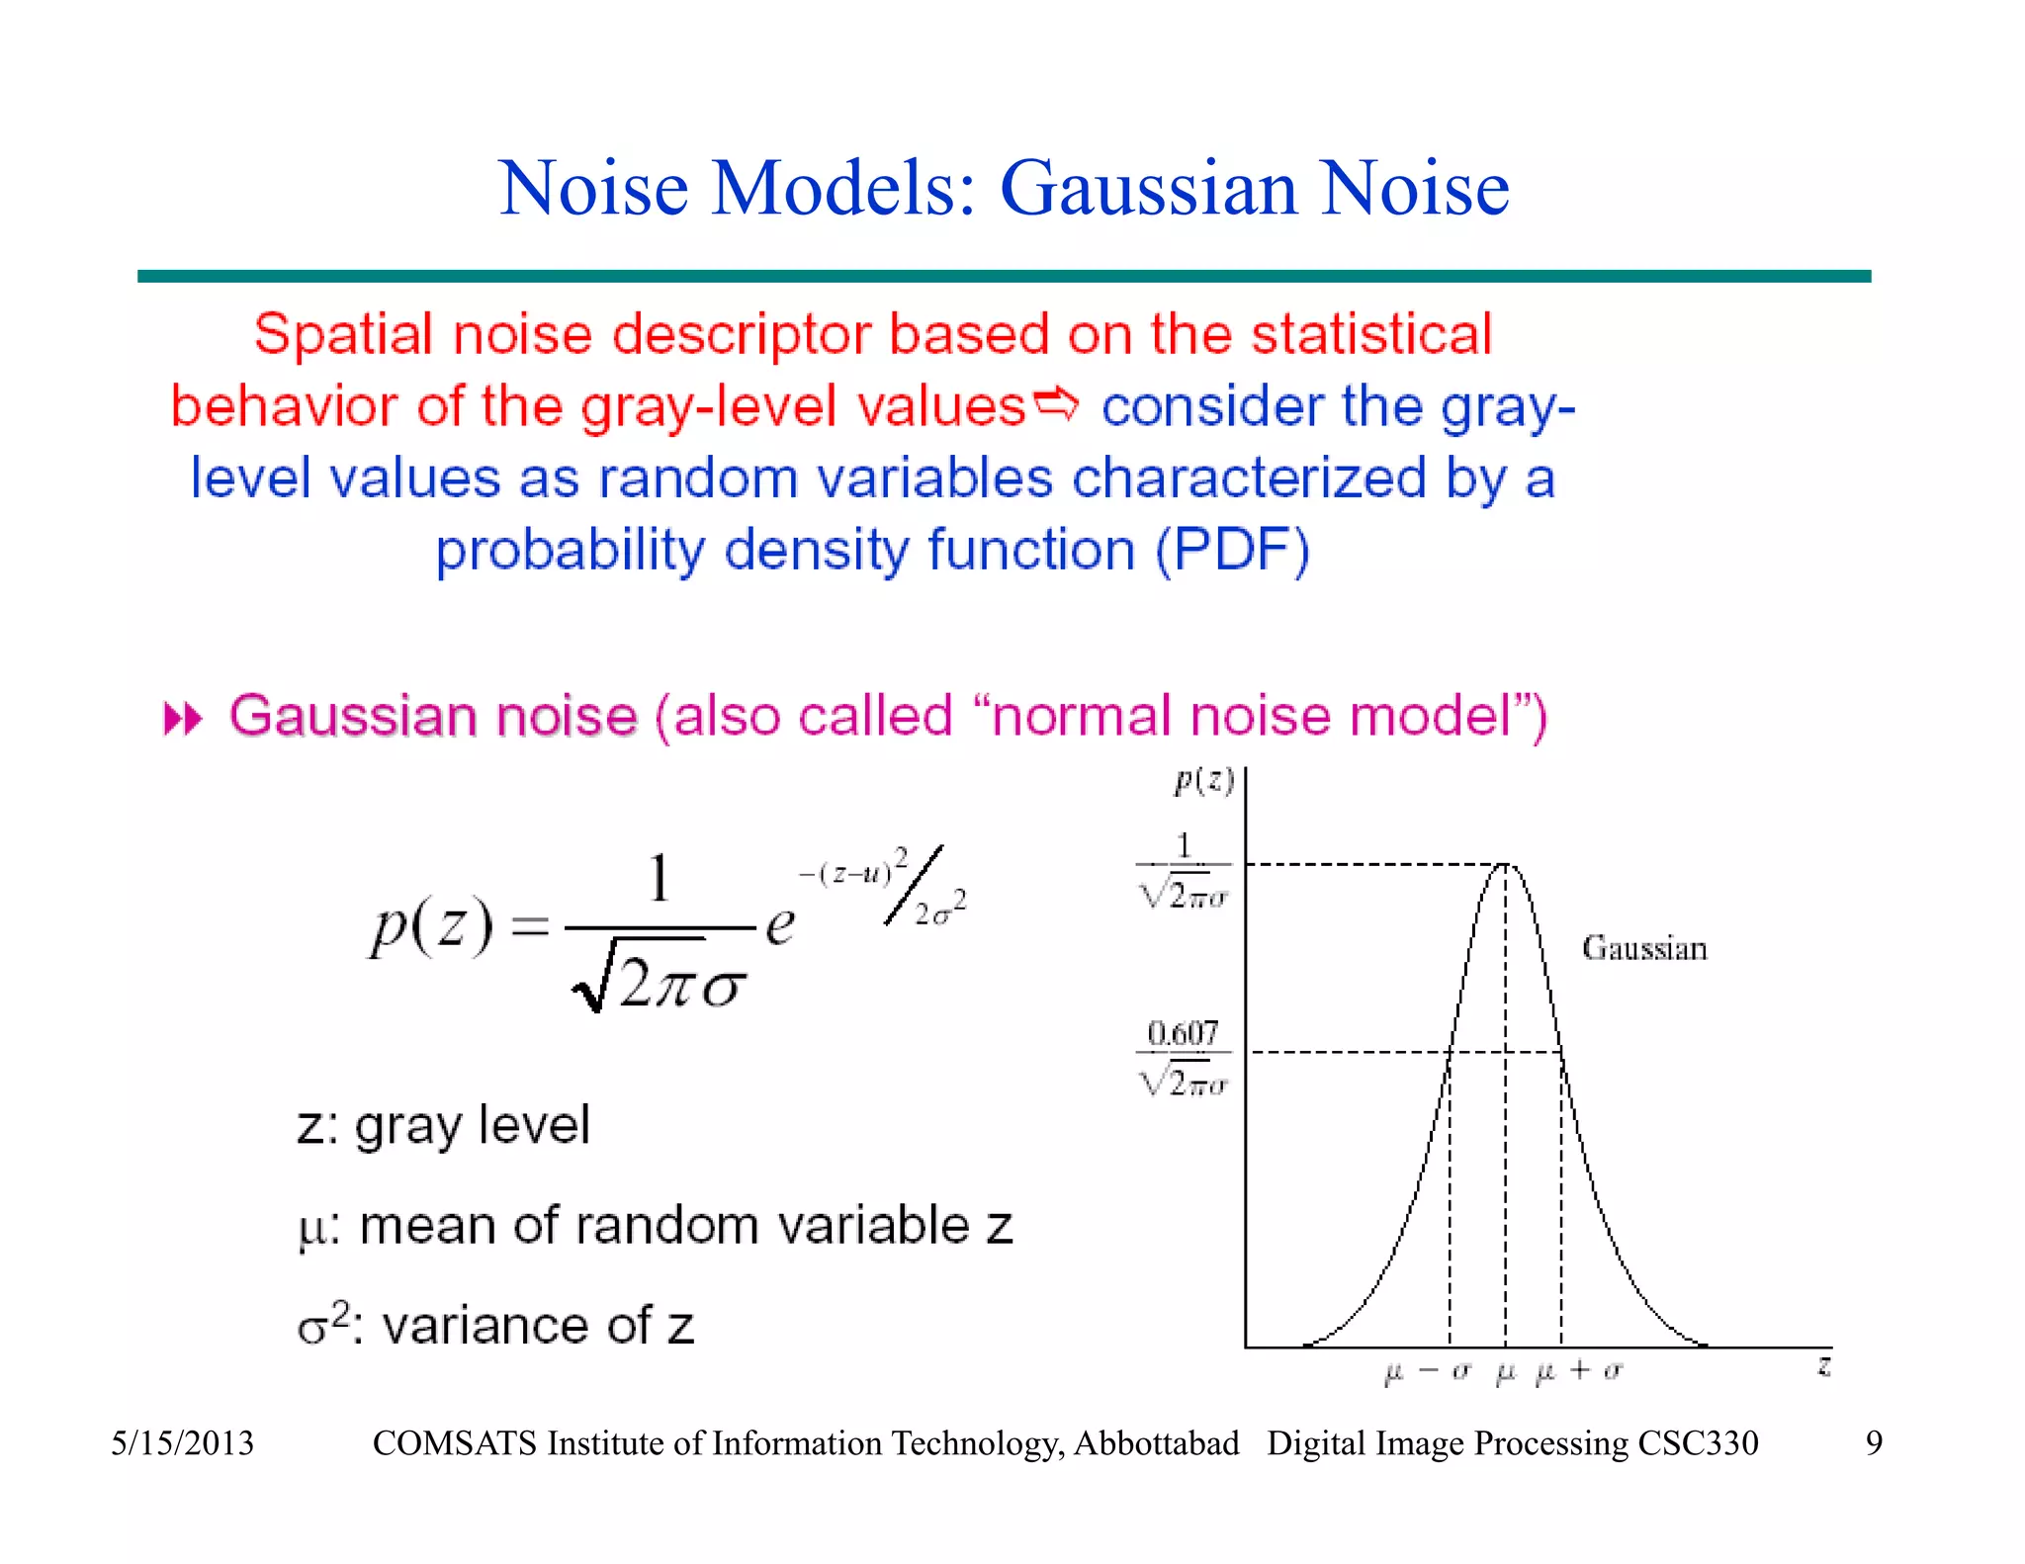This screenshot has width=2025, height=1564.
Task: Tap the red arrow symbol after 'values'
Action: click(1056, 403)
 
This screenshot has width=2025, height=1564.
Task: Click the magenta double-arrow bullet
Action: click(183, 719)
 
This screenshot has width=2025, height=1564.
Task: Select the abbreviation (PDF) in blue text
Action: click(1233, 551)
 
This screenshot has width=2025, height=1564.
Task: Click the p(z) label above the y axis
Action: click(1203, 781)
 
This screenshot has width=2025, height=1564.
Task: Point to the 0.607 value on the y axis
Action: click(1183, 1033)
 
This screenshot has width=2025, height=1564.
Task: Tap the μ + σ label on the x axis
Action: click(1578, 1371)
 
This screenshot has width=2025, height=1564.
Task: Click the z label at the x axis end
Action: click(1824, 1367)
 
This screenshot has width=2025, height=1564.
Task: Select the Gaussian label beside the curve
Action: click(1644, 948)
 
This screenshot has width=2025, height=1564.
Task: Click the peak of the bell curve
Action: click(1505, 864)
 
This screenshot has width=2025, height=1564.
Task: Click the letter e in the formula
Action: click(780, 925)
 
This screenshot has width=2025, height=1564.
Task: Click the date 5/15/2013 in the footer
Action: click(182, 1443)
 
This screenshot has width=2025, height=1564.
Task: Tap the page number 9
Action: click(1874, 1443)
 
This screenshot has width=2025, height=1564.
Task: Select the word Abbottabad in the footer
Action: click(1156, 1443)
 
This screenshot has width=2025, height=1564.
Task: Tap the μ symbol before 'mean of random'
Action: click(311, 1230)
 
